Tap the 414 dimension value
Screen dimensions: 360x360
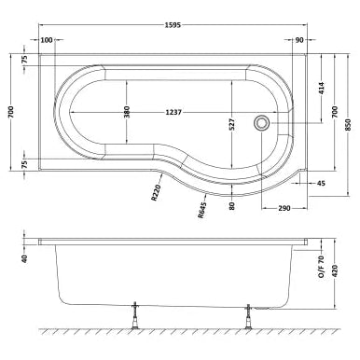[322, 90]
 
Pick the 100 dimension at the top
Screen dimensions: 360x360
[48, 40]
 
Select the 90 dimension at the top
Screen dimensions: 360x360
[298, 40]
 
